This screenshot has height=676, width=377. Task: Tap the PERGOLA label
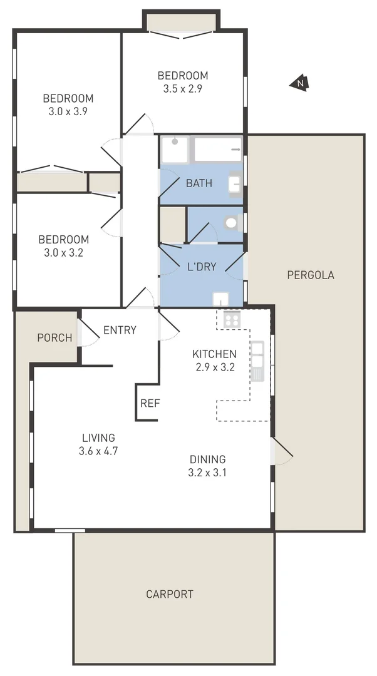(310, 275)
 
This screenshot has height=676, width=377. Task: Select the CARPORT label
(170, 594)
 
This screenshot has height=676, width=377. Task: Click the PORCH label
(54, 338)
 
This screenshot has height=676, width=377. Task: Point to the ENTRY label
(120, 330)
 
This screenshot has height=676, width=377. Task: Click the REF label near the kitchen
(150, 403)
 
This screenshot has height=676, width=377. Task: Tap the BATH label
(199, 183)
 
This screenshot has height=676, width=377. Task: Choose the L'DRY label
(202, 267)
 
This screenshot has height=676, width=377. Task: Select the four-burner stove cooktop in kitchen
(232, 320)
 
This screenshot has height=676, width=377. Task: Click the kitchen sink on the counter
(257, 362)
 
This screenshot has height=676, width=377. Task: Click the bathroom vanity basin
(235, 183)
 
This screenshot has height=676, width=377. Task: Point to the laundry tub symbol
(221, 299)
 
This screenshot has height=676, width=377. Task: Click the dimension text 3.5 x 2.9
(182, 88)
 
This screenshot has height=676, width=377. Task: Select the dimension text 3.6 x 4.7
(98, 450)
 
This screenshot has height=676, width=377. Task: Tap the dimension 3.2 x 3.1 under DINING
(207, 473)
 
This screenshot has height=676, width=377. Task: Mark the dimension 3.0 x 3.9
(68, 111)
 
